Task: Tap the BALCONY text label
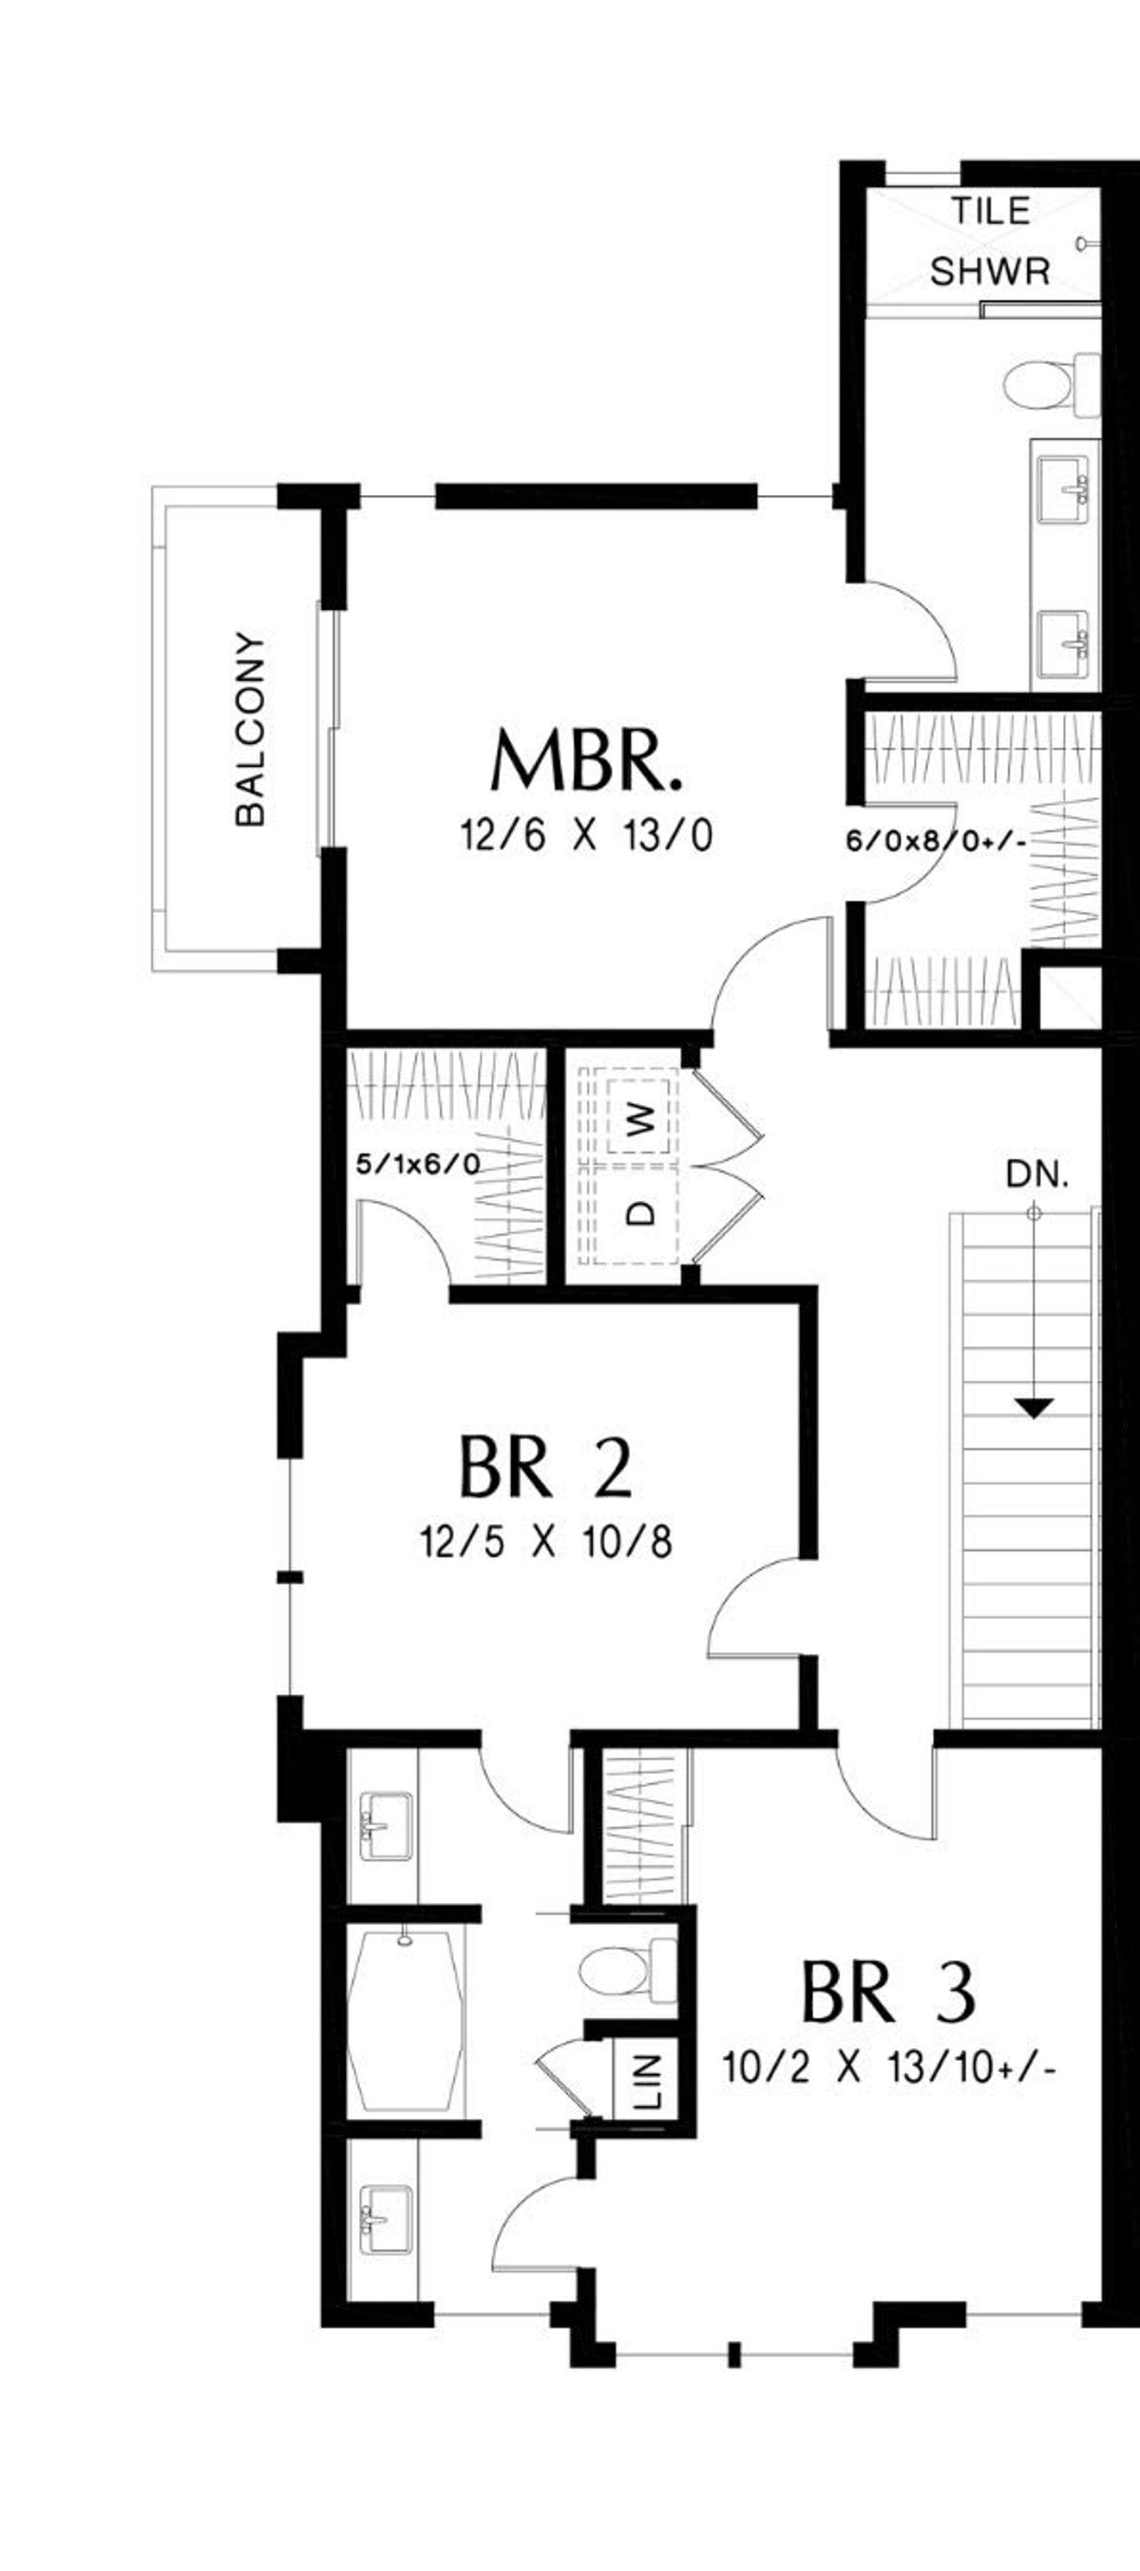pos(251,729)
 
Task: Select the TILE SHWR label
pos(989,240)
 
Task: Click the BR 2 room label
pos(545,1466)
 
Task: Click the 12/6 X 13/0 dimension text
pos(586,835)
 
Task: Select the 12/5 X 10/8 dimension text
pos(546,1542)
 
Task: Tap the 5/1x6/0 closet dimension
pos(418,1164)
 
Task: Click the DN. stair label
pos(1037,1174)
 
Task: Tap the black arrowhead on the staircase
pos(1035,1408)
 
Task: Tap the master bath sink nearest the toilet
pos(1062,489)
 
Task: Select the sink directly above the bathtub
pos(386,1826)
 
